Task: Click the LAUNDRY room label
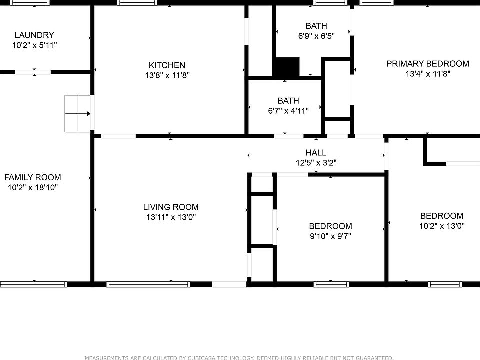[34, 35]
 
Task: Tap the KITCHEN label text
[167, 65]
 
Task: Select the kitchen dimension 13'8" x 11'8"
[167, 75]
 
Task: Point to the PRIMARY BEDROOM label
[427, 64]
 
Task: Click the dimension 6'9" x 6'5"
[316, 36]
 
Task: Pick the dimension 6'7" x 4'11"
[288, 111]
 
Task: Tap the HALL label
[316, 153]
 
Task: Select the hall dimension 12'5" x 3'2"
[316, 163]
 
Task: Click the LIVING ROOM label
[171, 207]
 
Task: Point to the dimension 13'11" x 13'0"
[171, 217]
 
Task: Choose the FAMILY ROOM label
[33, 177]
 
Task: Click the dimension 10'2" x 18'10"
[33, 188]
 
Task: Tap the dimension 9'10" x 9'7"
[330, 236]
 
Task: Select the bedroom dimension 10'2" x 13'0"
[441, 226]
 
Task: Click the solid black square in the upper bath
[286, 67]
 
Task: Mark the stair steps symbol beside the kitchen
[78, 114]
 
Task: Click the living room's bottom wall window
[148, 284]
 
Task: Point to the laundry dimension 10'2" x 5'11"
[34, 45]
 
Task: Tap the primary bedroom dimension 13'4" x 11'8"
[427, 74]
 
